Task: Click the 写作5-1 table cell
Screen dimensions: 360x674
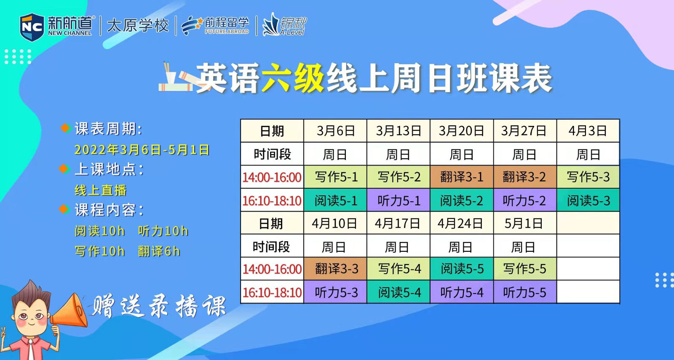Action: coord(335,177)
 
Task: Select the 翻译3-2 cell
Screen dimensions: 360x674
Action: coord(524,177)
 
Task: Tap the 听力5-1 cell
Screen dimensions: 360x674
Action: coord(399,200)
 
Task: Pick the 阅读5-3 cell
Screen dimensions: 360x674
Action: coord(588,200)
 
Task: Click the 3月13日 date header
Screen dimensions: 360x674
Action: coord(399,131)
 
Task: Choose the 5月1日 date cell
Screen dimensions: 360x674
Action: coord(524,223)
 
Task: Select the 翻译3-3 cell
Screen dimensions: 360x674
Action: coord(335,269)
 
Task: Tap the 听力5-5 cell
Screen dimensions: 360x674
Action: coord(524,292)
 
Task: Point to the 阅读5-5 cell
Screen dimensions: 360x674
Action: coord(462,269)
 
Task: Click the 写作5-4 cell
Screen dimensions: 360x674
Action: coord(399,269)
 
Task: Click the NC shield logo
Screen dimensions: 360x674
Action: coord(32,27)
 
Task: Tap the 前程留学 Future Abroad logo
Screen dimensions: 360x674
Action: coord(216,25)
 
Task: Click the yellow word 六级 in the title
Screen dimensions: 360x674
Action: coord(293,78)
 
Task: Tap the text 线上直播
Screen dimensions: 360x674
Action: coord(100,190)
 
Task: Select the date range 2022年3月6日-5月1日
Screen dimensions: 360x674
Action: coord(142,150)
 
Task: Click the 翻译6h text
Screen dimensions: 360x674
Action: coord(159,251)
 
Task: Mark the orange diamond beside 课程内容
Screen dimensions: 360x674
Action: coord(64,209)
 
